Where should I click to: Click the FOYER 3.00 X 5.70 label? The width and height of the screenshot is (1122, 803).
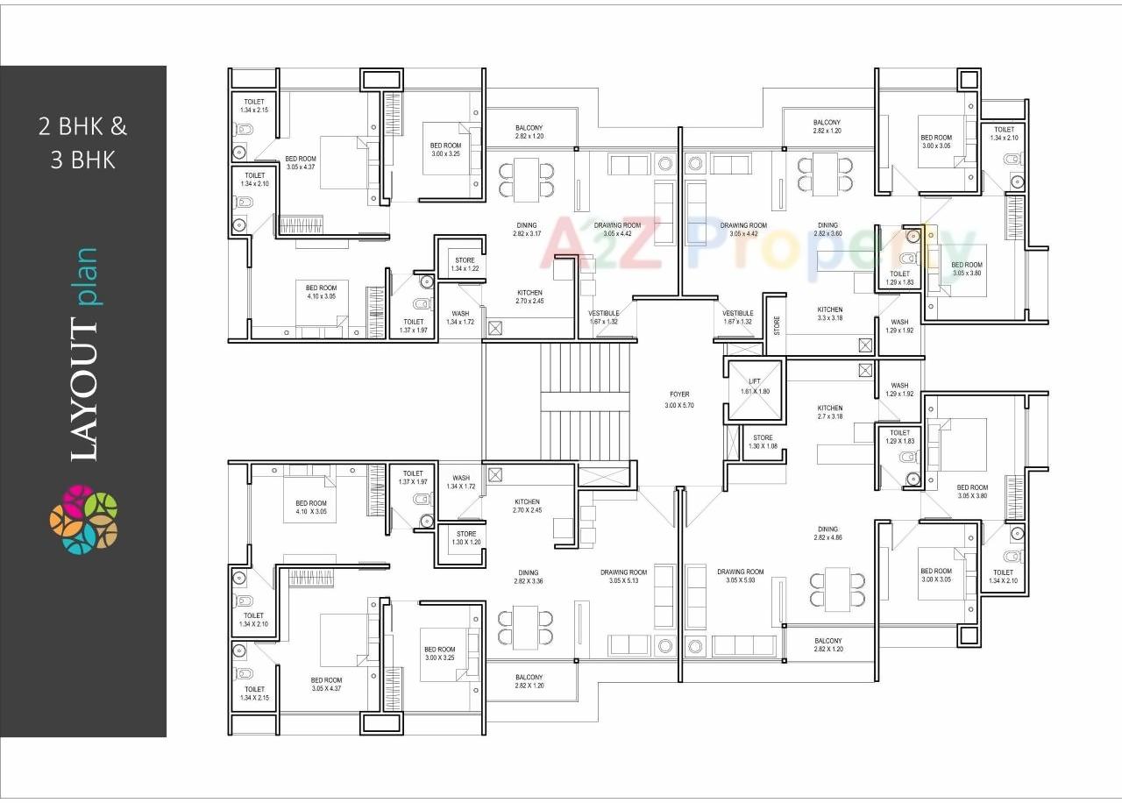pos(679,401)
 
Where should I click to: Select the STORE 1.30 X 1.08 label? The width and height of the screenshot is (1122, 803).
pos(763,442)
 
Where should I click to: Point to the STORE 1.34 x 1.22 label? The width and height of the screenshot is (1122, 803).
pos(465,264)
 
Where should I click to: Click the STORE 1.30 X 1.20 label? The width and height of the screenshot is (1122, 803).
pos(466,537)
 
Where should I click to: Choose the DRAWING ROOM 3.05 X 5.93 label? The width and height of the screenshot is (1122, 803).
pos(740,577)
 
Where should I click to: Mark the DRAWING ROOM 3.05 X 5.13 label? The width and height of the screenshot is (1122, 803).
pos(623,577)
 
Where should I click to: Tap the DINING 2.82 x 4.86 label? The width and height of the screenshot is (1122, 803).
pos(827,534)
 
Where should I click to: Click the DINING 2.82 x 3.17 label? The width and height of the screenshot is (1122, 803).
pos(526,230)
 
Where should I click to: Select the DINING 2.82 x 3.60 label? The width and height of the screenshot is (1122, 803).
pos(827,230)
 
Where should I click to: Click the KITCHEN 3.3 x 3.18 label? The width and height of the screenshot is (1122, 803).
pos(830,314)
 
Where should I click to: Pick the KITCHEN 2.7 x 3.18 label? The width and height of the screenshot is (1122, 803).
pos(829,412)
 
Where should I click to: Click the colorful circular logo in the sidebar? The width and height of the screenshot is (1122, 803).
pos(83,519)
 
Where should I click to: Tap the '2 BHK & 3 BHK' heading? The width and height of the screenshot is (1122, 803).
pos(82,143)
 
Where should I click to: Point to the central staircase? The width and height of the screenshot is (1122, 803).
pos(585,401)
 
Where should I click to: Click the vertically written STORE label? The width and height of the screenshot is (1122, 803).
pos(776,325)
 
